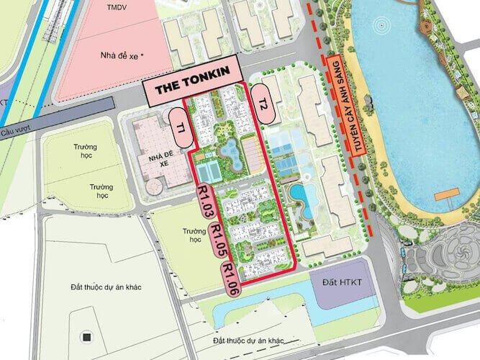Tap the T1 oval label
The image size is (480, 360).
point(178,127)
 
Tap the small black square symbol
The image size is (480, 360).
point(86,337)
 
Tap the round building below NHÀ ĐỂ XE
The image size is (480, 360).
point(154,186)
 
